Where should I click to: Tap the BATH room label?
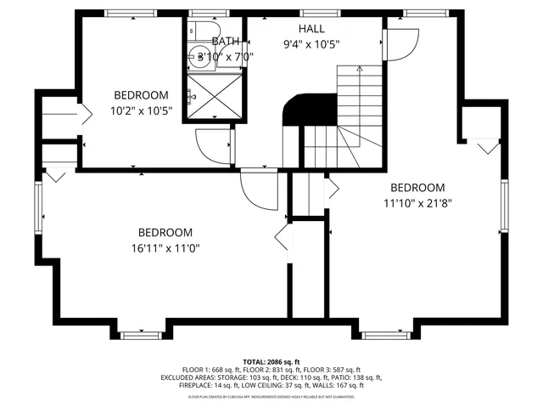(226, 41)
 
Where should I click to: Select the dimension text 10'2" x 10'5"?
(142, 110)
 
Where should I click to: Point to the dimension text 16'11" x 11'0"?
(165, 248)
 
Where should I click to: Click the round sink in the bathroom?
(204, 59)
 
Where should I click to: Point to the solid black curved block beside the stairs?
(297, 110)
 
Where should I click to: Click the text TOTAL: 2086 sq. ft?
(271, 361)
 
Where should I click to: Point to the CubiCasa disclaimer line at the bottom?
(271, 396)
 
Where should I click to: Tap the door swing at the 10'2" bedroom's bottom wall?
(211, 144)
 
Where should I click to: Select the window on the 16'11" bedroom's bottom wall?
(142, 335)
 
